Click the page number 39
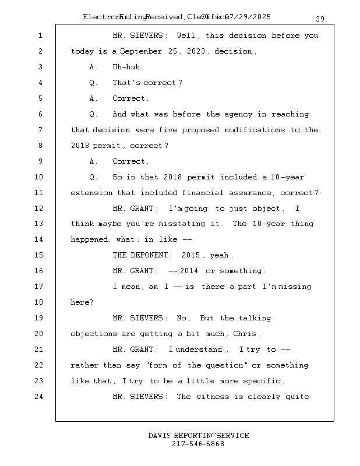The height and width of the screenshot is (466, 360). coord(320,19)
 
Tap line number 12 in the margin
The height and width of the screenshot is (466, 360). coord(39,209)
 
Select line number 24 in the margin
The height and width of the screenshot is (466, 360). coord(39,397)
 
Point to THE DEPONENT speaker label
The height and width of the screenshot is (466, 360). coord(142,256)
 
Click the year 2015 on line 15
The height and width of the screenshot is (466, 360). coord(191,256)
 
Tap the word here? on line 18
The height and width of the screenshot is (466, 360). coord(82,303)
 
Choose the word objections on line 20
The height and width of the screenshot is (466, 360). coord(94,334)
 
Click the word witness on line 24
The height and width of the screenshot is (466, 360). coord(213,397)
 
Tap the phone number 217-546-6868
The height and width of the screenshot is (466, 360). coord(198,444)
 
